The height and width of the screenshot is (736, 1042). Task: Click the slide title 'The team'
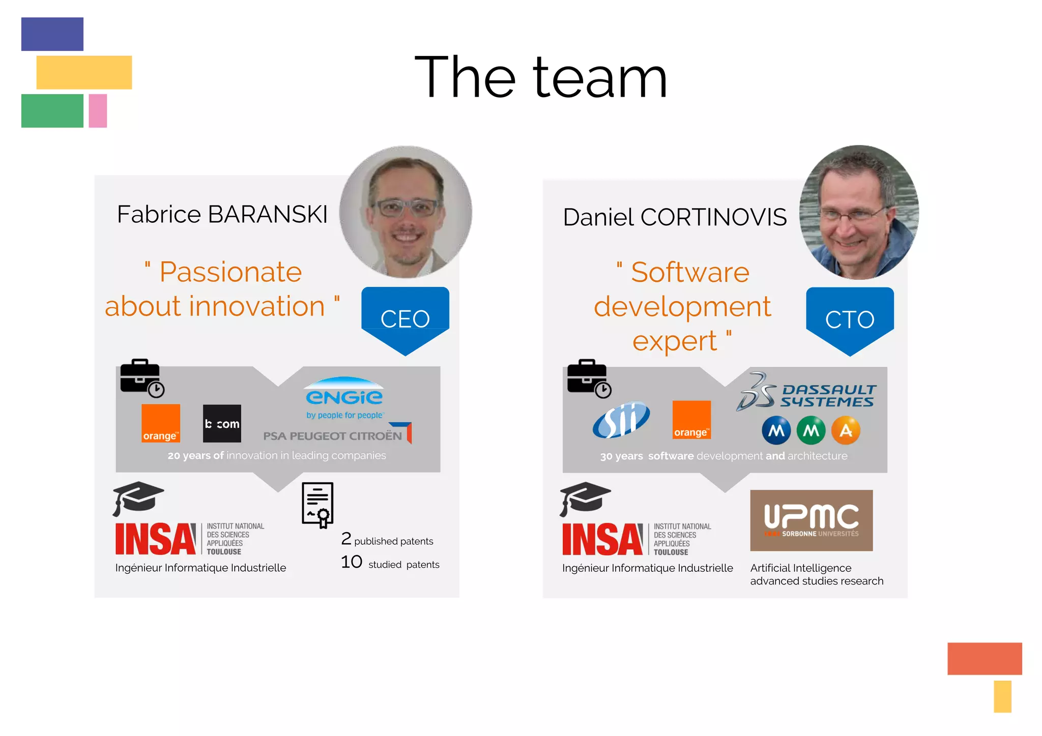(x=540, y=77)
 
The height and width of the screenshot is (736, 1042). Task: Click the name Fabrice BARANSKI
(x=222, y=214)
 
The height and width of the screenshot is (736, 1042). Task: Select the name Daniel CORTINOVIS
(x=675, y=217)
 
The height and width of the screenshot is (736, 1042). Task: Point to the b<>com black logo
(x=222, y=423)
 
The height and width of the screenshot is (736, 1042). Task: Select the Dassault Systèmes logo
(x=806, y=393)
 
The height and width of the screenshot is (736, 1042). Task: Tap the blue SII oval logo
(x=621, y=420)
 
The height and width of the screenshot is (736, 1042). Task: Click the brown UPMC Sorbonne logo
(x=811, y=520)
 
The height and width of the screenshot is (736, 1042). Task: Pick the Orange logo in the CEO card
(x=161, y=423)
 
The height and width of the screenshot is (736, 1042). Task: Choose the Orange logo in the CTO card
(x=691, y=420)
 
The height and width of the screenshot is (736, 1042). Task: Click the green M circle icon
(x=811, y=431)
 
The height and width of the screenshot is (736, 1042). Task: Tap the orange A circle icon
(x=846, y=431)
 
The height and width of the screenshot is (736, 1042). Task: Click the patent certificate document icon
(x=317, y=505)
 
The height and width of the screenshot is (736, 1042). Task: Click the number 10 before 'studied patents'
(x=351, y=562)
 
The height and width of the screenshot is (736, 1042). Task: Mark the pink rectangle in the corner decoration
(x=98, y=111)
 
